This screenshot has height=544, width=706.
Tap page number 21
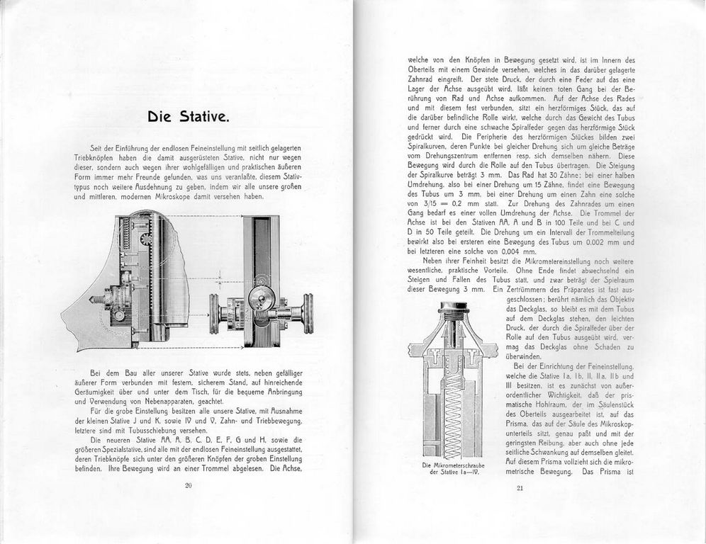tap(519, 487)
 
